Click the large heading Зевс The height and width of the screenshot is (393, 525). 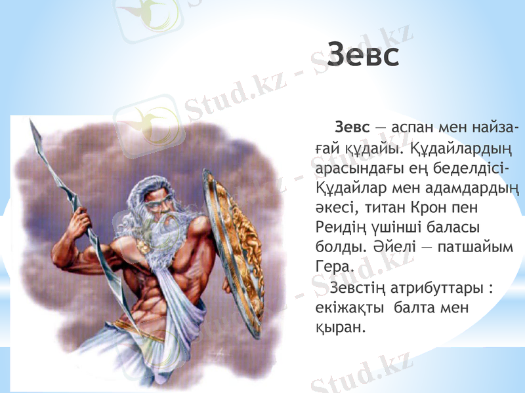363,54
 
